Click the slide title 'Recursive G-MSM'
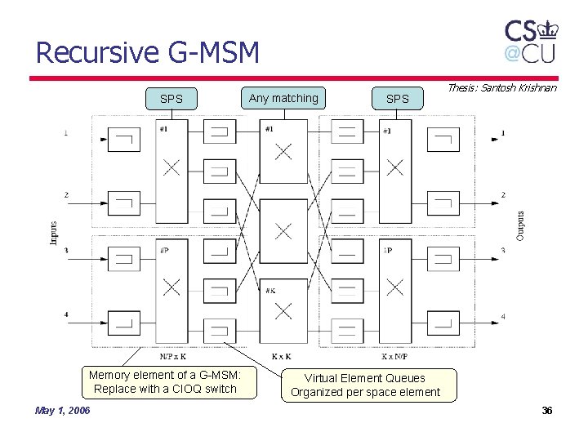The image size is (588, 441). pos(148,53)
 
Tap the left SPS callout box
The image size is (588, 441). pos(171,99)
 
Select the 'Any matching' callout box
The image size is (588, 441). pos(283,98)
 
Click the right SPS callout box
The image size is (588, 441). pos(397,99)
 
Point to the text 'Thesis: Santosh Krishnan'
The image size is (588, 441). pos(501,87)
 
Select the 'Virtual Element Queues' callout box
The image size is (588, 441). pos(365,385)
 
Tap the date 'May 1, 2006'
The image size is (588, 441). pos(62,410)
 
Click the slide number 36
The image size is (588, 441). pos(546,410)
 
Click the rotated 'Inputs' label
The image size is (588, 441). pos(54,232)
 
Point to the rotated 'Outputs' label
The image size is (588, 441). pos(520,225)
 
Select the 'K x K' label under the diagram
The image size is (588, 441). pos(282,356)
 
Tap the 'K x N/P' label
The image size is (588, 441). pos(395,356)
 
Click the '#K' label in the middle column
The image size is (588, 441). pos(269,290)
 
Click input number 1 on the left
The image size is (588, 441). pos(66,132)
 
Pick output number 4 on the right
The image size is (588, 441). pos(503,316)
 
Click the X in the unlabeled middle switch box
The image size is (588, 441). pos(283,231)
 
